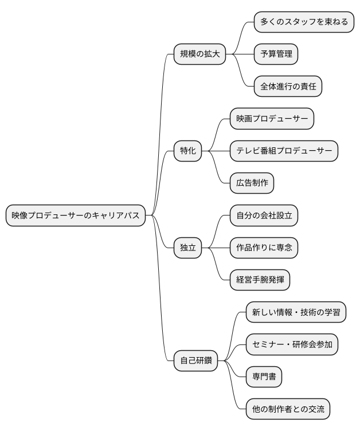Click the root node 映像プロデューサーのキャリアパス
[x=75, y=215]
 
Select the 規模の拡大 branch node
[x=199, y=54]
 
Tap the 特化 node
[x=187, y=151]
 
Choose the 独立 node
[x=187, y=248]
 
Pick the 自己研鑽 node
[x=196, y=361]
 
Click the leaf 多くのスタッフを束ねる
[x=304, y=22]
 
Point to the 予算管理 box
[x=276, y=54]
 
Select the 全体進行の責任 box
[x=288, y=87]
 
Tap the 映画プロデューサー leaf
[x=272, y=119]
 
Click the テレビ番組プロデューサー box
[x=284, y=151]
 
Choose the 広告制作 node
[x=252, y=183]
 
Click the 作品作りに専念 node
[x=264, y=248]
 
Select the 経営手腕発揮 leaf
[x=260, y=280]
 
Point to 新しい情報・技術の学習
[x=296, y=312]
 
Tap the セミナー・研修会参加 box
[x=292, y=344]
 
